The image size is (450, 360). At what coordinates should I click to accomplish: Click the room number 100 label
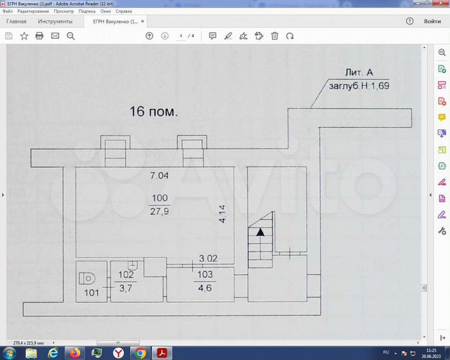(159, 198)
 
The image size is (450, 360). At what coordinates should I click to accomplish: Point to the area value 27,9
(159, 211)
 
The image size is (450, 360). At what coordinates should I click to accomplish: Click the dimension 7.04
(159, 176)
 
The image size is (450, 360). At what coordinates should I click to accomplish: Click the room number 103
(205, 274)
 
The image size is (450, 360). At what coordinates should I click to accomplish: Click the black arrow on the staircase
(261, 231)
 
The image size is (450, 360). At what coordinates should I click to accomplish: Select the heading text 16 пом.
(153, 111)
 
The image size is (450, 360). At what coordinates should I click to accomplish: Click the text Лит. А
(364, 73)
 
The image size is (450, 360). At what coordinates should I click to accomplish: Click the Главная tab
(17, 21)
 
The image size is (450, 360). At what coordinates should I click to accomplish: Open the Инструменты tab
(55, 21)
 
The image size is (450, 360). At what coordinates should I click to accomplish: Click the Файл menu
(7, 11)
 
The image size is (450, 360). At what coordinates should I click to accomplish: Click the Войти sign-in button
(432, 21)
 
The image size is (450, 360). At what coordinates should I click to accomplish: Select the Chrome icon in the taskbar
(139, 352)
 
